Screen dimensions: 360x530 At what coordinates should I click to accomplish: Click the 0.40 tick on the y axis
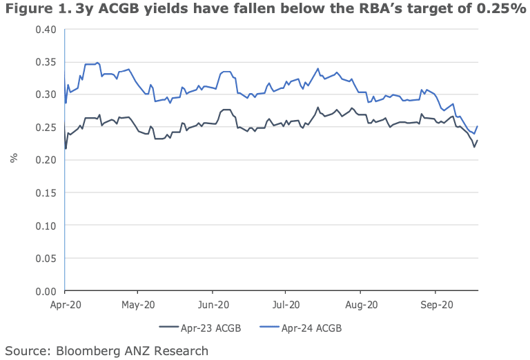click(x=46, y=29)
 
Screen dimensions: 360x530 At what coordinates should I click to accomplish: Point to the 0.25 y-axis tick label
click(x=46, y=128)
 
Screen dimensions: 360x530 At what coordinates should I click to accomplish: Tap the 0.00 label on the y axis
click(x=46, y=292)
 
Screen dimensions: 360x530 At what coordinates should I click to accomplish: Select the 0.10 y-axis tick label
click(x=46, y=226)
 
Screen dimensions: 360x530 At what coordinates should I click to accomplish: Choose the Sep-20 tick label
click(x=435, y=304)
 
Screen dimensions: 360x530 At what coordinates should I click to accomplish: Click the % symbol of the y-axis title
click(x=13, y=158)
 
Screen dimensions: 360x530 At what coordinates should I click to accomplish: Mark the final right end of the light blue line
click(x=478, y=126)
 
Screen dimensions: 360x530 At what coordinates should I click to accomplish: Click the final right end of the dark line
click(x=478, y=140)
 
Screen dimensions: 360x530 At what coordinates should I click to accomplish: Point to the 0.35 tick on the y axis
click(x=46, y=62)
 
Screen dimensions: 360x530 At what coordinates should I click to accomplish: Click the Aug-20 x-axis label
click(x=361, y=304)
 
